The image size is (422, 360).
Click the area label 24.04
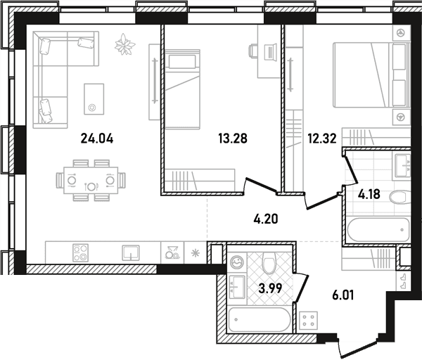click(97, 139)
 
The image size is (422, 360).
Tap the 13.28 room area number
click(233, 139)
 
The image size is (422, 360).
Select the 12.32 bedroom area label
click(322, 139)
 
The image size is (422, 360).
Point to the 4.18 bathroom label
click(369, 194)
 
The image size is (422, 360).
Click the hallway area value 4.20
click(266, 219)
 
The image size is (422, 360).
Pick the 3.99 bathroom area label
click(270, 288)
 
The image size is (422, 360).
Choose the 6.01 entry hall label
click(343, 296)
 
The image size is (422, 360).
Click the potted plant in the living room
click(124, 44)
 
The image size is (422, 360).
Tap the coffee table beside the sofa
click(94, 98)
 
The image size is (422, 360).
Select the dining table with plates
click(91, 180)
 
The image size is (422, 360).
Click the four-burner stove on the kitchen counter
click(80, 253)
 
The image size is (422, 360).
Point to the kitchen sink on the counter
click(131, 252)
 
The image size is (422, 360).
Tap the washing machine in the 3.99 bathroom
click(236, 263)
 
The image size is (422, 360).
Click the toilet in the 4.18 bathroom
click(399, 197)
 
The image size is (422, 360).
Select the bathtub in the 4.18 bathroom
click(378, 230)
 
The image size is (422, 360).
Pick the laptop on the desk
click(271, 51)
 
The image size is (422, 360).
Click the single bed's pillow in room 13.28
click(182, 62)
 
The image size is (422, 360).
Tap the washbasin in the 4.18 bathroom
click(402, 165)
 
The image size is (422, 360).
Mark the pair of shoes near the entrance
click(403, 281)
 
